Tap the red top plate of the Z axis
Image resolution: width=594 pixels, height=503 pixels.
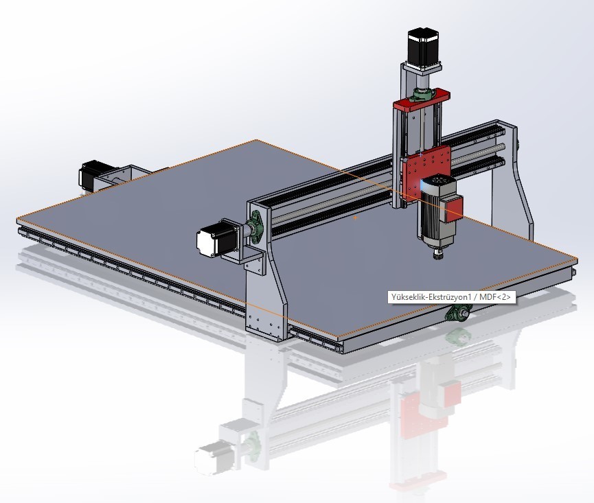click(421, 100)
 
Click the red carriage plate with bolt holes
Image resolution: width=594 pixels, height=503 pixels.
click(427, 170)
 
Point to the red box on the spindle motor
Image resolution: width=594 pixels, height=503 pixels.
click(454, 209)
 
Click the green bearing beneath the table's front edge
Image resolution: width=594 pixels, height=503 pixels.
click(457, 312)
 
